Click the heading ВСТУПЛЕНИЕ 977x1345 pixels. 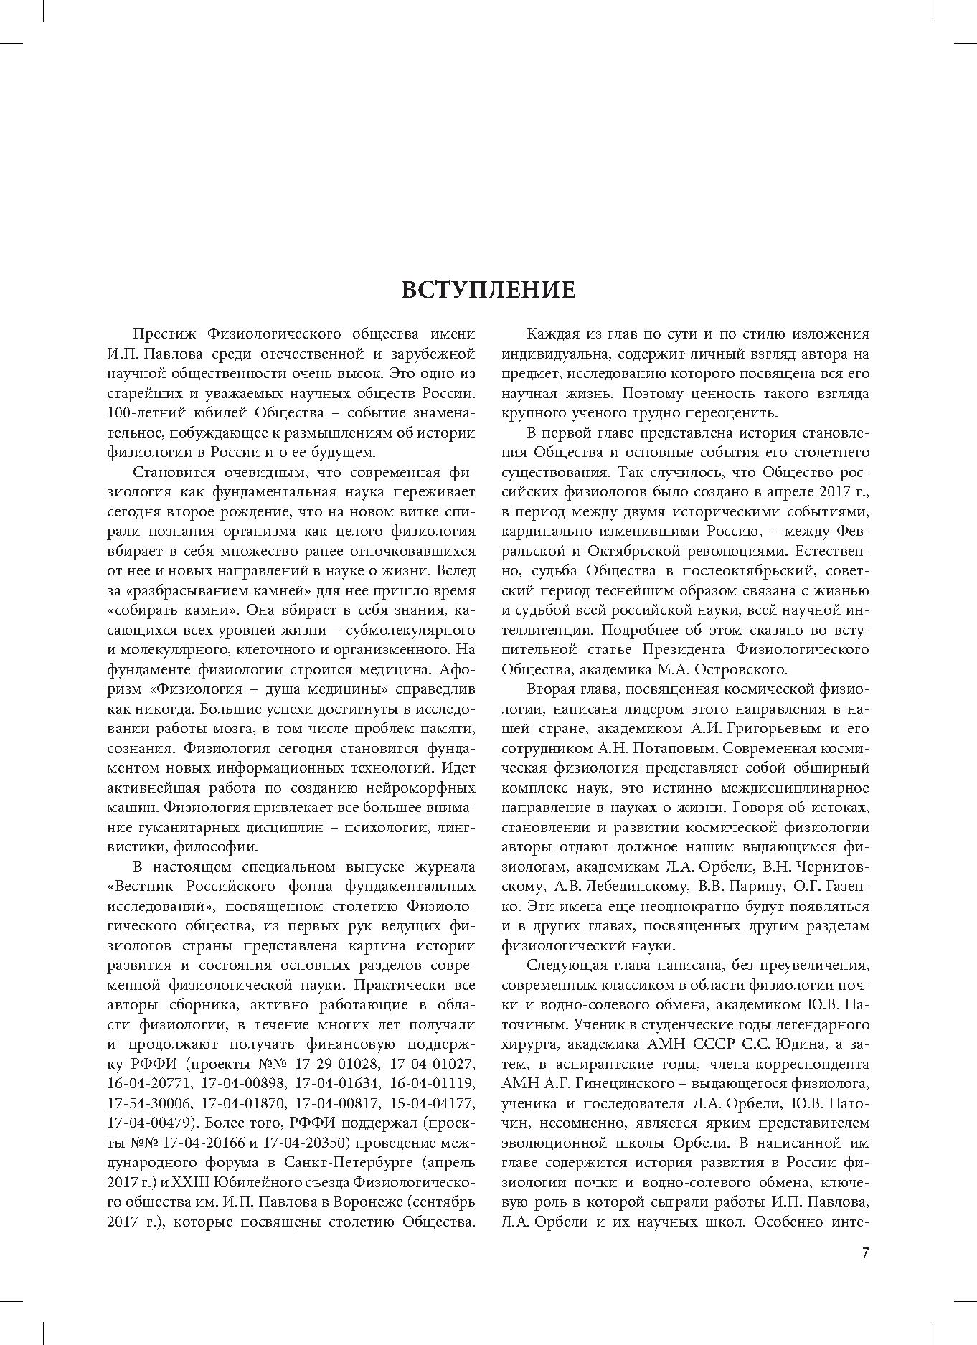pos(488,289)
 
